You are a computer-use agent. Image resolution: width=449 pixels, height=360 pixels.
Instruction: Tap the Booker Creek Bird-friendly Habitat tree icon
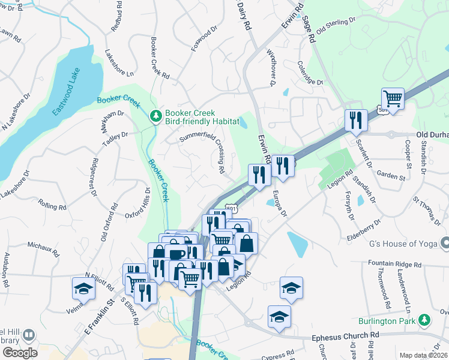tap(156, 114)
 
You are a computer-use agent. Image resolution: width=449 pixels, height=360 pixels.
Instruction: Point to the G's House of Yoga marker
tap(445, 243)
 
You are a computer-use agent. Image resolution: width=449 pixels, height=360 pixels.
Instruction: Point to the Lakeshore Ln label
tap(119, 63)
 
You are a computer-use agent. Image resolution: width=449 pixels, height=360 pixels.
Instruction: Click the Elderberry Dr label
tap(364, 230)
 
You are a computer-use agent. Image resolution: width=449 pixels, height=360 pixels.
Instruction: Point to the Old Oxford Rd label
tap(109, 221)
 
